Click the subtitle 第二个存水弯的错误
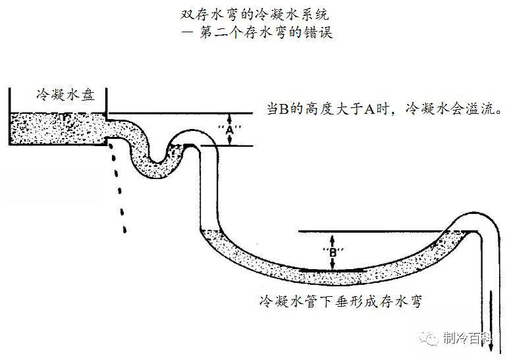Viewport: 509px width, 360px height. point(257,32)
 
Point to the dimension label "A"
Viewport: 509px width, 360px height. point(228,129)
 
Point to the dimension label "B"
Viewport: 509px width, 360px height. point(333,251)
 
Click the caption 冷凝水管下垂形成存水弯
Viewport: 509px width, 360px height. point(341,301)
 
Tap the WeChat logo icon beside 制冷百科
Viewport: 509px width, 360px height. point(431,338)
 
